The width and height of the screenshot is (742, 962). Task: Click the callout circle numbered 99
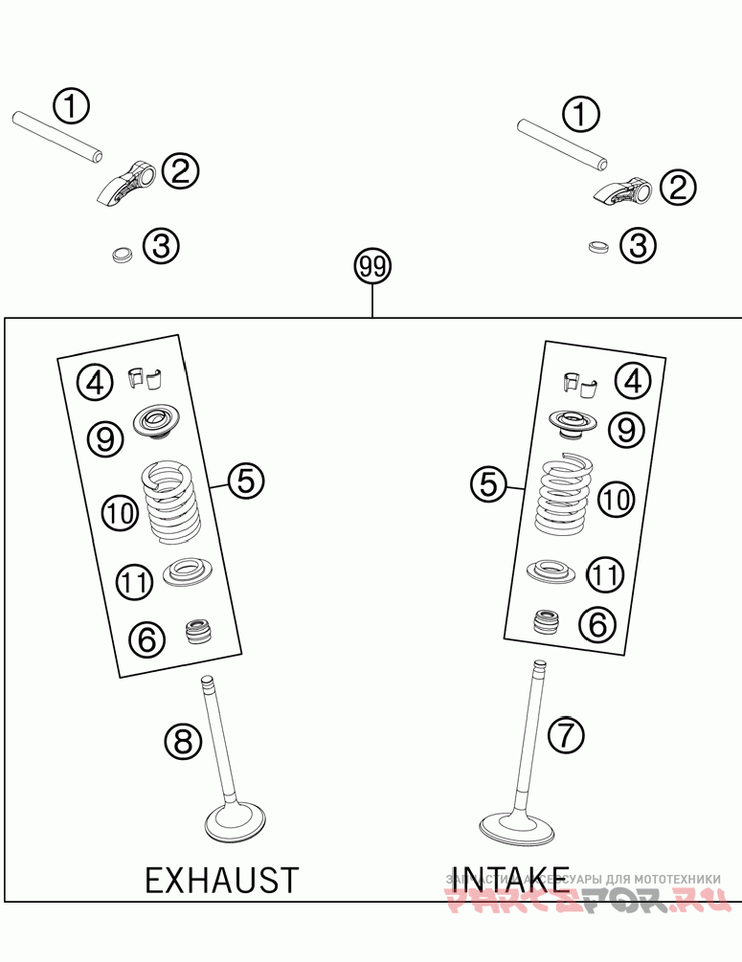pos(372,267)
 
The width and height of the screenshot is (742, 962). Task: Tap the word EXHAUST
pos(222,879)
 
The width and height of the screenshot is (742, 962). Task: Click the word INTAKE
pos(508,879)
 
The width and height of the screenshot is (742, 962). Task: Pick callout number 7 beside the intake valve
pos(565,735)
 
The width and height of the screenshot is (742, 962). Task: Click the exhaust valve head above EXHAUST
pos(235,821)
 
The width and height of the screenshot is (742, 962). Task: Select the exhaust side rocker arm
pos(129,182)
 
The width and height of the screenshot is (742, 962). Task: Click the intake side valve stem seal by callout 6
pos(546,622)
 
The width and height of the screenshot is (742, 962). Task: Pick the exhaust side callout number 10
pos(122,513)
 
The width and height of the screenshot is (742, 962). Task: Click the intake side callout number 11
pos(604,575)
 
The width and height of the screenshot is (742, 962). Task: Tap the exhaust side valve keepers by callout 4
pos(146,378)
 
